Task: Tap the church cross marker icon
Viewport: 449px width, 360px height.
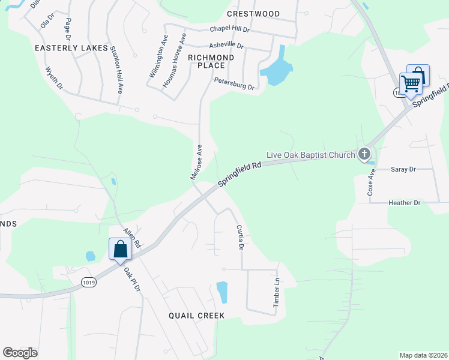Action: [x=364, y=155]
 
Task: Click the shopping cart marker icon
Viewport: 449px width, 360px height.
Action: [x=411, y=83]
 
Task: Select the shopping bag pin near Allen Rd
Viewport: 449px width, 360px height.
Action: [x=120, y=249]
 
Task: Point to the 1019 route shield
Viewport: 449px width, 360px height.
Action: [x=89, y=281]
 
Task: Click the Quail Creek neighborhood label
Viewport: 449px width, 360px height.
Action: [x=196, y=315]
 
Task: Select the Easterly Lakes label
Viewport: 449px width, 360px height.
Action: [x=71, y=47]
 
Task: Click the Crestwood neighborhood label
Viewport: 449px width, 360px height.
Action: [x=253, y=14]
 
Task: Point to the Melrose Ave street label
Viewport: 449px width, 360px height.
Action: [x=195, y=161]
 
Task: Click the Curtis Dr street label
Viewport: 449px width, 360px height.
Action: [x=240, y=237]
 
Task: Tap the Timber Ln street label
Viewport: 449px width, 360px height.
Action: [x=277, y=293]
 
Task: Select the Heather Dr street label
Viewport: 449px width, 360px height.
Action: [x=405, y=203]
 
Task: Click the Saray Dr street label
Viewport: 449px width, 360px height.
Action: [x=403, y=170]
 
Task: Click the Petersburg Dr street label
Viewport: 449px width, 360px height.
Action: [x=234, y=83]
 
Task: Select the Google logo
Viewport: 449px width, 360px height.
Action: [x=20, y=352]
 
